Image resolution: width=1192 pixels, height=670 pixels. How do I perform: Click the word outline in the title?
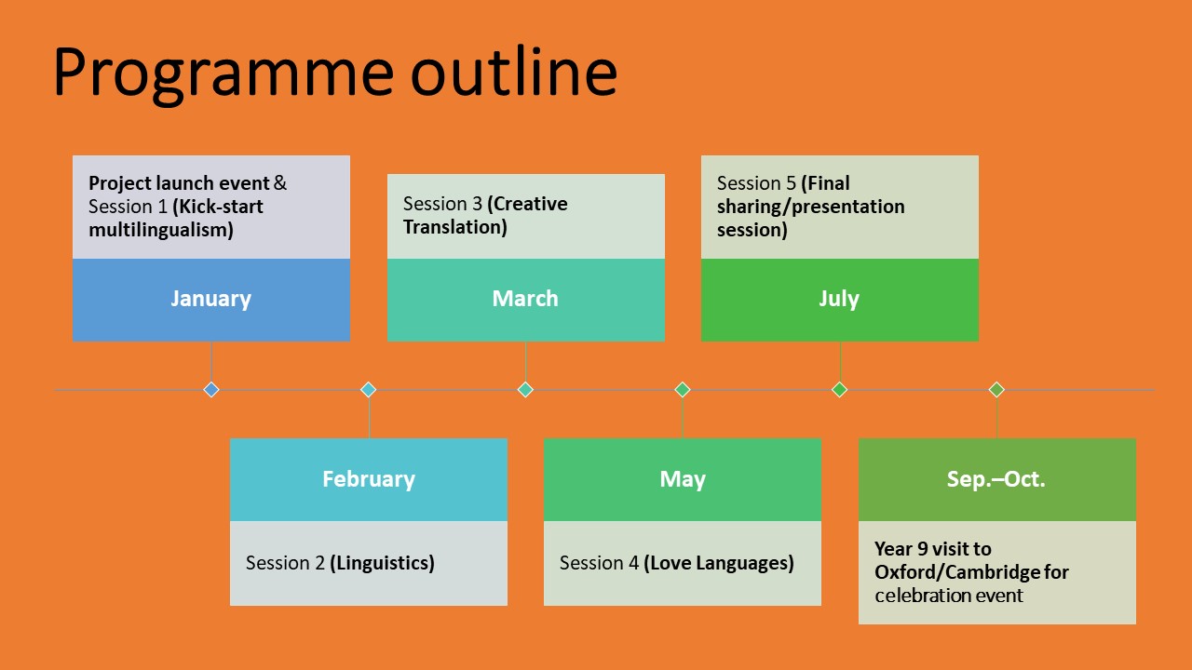(514, 71)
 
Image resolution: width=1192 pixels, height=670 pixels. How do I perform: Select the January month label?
(210, 299)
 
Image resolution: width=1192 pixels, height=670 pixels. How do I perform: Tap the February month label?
(369, 479)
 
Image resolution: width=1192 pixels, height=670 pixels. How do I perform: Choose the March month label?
(525, 299)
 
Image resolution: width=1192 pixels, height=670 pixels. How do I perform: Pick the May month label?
(683, 479)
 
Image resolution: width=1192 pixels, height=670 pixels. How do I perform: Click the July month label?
(839, 299)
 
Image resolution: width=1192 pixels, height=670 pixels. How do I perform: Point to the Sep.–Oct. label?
(996, 479)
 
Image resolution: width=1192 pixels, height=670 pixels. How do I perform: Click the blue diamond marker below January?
(211, 390)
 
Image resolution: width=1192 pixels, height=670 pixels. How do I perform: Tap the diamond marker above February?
(368, 390)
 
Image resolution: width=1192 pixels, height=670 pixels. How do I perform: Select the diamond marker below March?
(525, 390)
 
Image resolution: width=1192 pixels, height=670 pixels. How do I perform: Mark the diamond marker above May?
(683, 390)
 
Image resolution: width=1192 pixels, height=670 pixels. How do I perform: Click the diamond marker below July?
(839, 390)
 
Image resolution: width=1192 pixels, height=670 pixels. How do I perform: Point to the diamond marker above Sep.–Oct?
(996, 390)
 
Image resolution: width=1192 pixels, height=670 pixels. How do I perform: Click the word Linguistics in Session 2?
(382, 563)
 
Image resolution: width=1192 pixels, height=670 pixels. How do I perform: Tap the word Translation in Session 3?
(455, 227)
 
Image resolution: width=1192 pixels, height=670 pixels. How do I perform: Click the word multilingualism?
(161, 230)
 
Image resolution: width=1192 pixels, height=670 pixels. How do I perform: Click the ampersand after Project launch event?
(280, 183)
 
